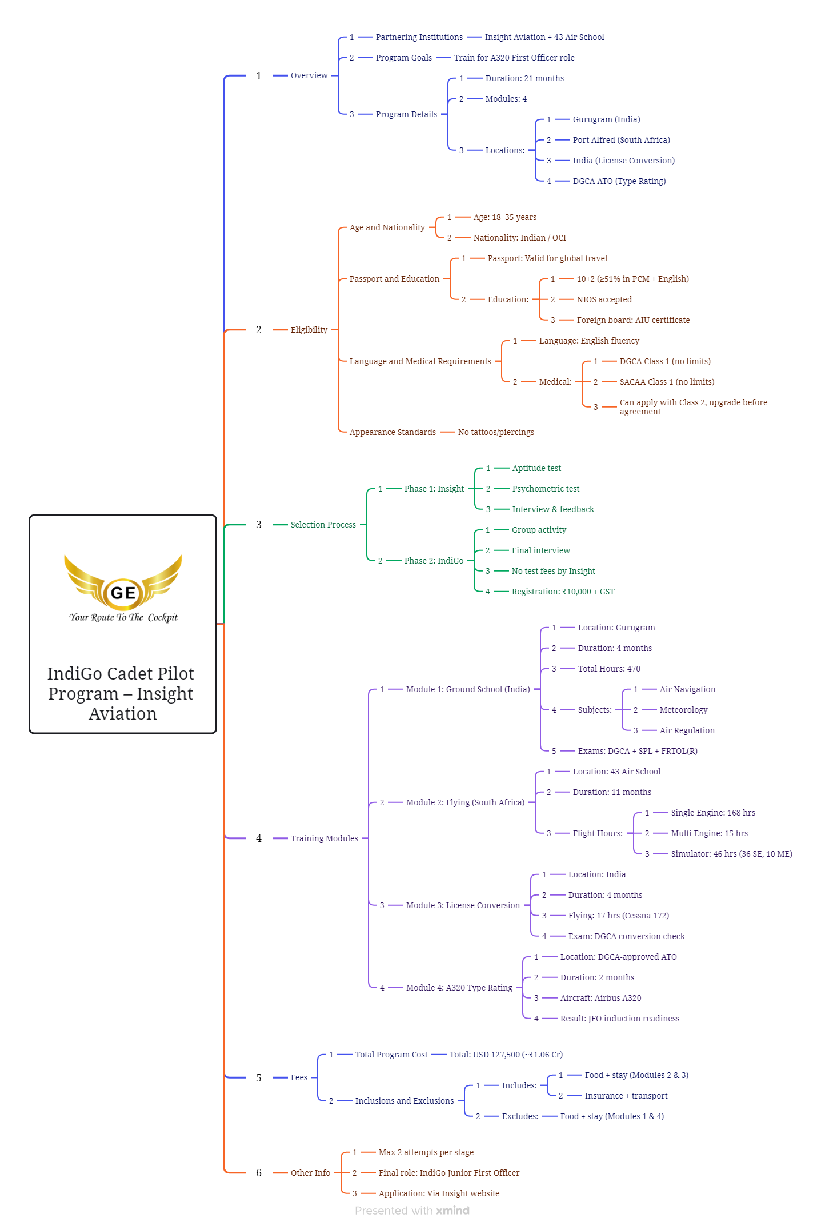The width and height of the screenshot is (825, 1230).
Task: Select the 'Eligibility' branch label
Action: pyautogui.click(x=309, y=330)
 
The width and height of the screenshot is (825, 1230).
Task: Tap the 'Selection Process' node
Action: pyautogui.click(x=323, y=525)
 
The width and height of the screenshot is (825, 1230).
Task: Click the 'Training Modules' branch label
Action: pyautogui.click(x=324, y=838)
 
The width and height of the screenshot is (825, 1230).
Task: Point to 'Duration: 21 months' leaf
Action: pyautogui.click(x=524, y=78)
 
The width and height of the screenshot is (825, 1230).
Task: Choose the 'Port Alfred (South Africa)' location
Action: pyautogui.click(x=621, y=140)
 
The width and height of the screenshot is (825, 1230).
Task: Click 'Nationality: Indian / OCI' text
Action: pyautogui.click(x=519, y=238)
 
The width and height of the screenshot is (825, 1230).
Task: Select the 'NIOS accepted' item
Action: pyautogui.click(x=604, y=299)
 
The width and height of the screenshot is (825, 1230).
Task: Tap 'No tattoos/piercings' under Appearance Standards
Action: pyautogui.click(x=496, y=432)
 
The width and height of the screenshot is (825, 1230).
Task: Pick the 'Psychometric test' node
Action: pyautogui.click(x=546, y=489)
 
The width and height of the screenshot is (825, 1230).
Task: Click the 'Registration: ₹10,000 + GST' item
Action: pyautogui.click(x=563, y=592)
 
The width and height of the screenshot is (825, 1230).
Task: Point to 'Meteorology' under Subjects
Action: pyautogui.click(x=683, y=710)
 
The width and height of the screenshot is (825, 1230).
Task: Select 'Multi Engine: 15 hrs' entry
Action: pyautogui.click(x=709, y=833)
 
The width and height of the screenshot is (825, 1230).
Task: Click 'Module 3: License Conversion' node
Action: pyautogui.click(x=463, y=905)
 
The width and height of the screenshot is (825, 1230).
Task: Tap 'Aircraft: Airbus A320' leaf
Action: pyautogui.click(x=600, y=998)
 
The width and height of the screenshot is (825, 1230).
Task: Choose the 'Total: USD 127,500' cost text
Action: pyautogui.click(x=506, y=1055)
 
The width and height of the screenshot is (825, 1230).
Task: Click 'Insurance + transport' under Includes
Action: pyautogui.click(x=626, y=1096)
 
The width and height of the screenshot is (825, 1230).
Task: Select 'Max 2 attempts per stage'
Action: pyautogui.click(x=426, y=1152)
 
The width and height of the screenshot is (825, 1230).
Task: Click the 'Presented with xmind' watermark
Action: pyautogui.click(x=412, y=1211)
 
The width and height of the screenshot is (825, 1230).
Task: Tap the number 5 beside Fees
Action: pyautogui.click(x=259, y=1078)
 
